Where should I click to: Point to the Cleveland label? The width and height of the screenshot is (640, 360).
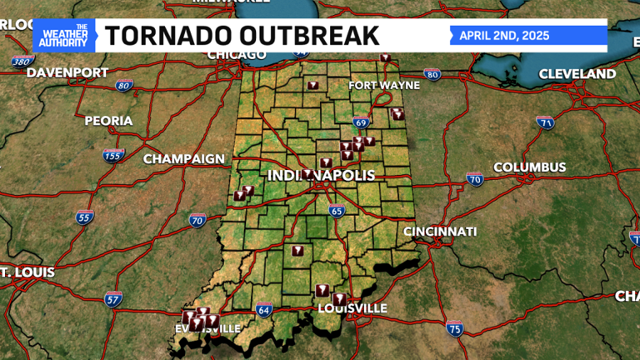coord(577,74)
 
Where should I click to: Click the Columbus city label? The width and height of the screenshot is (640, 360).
coord(529,167)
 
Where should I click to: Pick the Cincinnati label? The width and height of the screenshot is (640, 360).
coord(440,231)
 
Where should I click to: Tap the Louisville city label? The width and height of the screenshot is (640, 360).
coord(353,308)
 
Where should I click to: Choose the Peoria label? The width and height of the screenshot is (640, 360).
coord(108,121)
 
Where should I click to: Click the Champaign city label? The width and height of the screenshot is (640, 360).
coord(184,158)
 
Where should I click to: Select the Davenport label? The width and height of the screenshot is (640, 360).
coord(68,72)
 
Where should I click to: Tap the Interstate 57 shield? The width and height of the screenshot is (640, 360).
coord(113,298)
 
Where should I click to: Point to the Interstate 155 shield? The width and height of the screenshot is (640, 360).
coord(113,155)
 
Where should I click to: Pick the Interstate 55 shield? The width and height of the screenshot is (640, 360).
coord(84,218)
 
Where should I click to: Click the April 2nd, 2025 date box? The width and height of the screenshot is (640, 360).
coord(528,36)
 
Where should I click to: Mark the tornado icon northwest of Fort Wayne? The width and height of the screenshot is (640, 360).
coord(313,85)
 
